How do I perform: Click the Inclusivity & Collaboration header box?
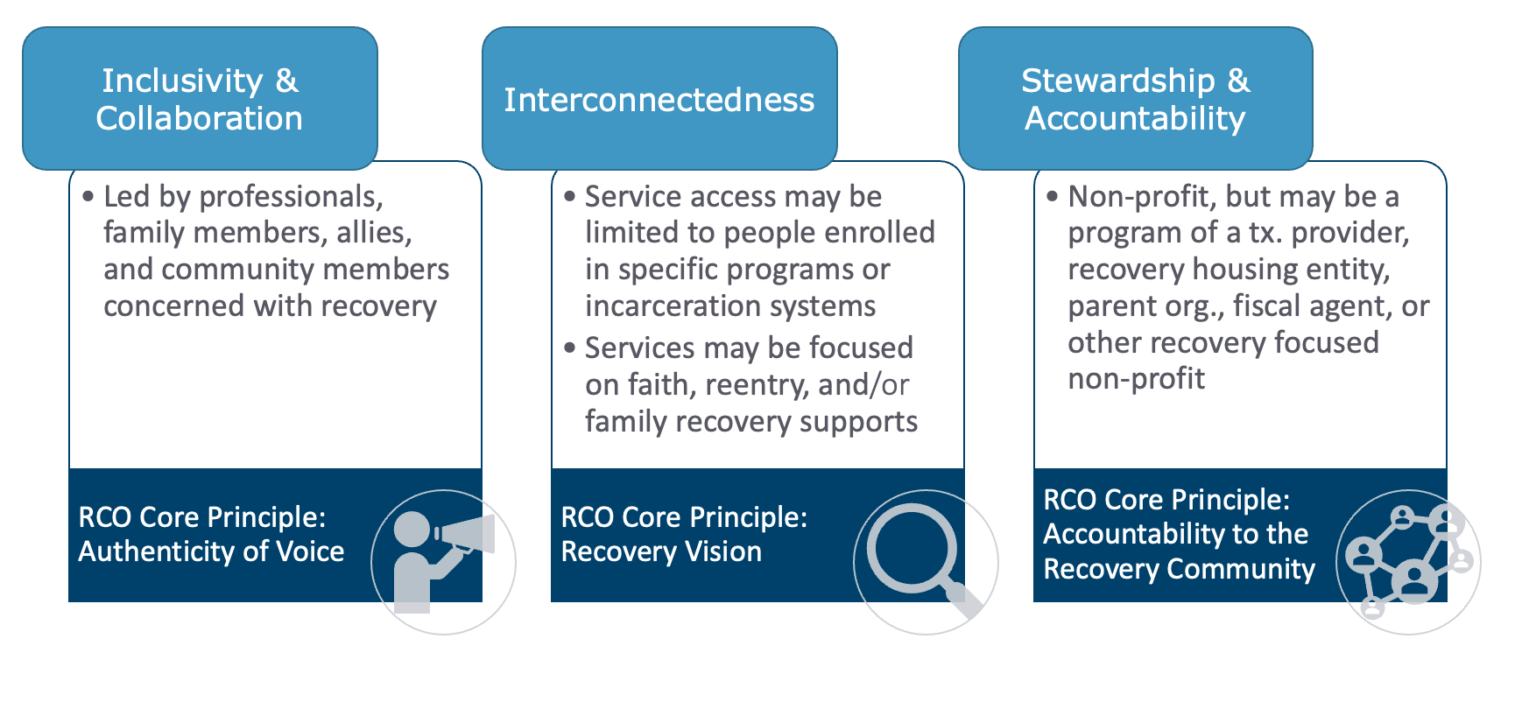[x=200, y=99]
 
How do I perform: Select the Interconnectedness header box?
[x=659, y=99]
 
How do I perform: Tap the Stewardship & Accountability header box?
[x=1135, y=99]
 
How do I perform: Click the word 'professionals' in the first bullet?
[x=291, y=197]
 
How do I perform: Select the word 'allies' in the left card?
[x=374, y=233]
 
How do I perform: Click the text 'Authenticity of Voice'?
[x=211, y=551]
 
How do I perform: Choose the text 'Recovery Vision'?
[x=661, y=551]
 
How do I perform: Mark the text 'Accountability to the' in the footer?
[x=1175, y=534]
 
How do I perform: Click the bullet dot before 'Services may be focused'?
[x=570, y=348]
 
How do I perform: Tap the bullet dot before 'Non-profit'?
[x=1053, y=197]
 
